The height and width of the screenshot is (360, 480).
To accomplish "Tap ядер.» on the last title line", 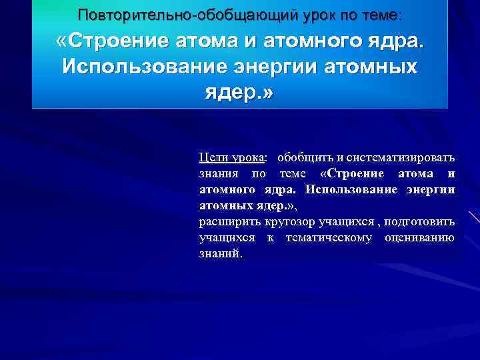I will click(239, 92).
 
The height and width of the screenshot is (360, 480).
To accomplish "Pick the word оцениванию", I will click(419, 238).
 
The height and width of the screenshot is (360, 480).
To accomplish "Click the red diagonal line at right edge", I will click(474, 217).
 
